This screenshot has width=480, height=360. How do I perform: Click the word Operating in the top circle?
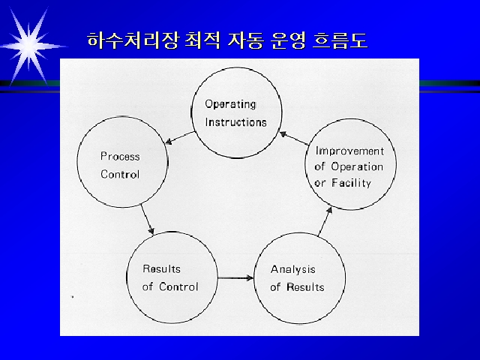pos(230,105)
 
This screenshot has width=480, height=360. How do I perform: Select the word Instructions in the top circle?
pos(235,122)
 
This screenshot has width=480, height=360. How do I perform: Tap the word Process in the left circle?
pos(120,157)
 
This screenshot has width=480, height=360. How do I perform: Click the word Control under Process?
pos(120,174)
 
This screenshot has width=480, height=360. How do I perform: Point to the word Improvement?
pos(349,151)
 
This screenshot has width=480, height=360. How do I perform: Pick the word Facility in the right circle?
pos(352,183)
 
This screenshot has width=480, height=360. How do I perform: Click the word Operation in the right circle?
pos(357,166)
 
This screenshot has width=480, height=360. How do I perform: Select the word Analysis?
pos(293,269)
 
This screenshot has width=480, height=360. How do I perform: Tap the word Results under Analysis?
pos(305,287)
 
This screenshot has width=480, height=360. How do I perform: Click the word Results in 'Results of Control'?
pos(162,268)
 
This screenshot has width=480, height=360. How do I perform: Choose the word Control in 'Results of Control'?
pos(178,286)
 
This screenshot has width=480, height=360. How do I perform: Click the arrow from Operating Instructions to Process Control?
pos(180,137)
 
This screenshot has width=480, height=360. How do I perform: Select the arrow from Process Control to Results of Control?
pos(147,219)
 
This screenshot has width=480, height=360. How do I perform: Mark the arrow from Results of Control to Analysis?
pos(235,278)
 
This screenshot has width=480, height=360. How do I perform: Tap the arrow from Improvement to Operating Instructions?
pos(294,138)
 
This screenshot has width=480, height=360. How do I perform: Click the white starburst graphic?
pos(30,46)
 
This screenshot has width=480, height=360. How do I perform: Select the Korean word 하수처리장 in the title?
pos(132,40)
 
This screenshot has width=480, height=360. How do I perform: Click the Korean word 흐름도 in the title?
pos(340,40)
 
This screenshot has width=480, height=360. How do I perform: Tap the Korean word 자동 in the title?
pos(245,40)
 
